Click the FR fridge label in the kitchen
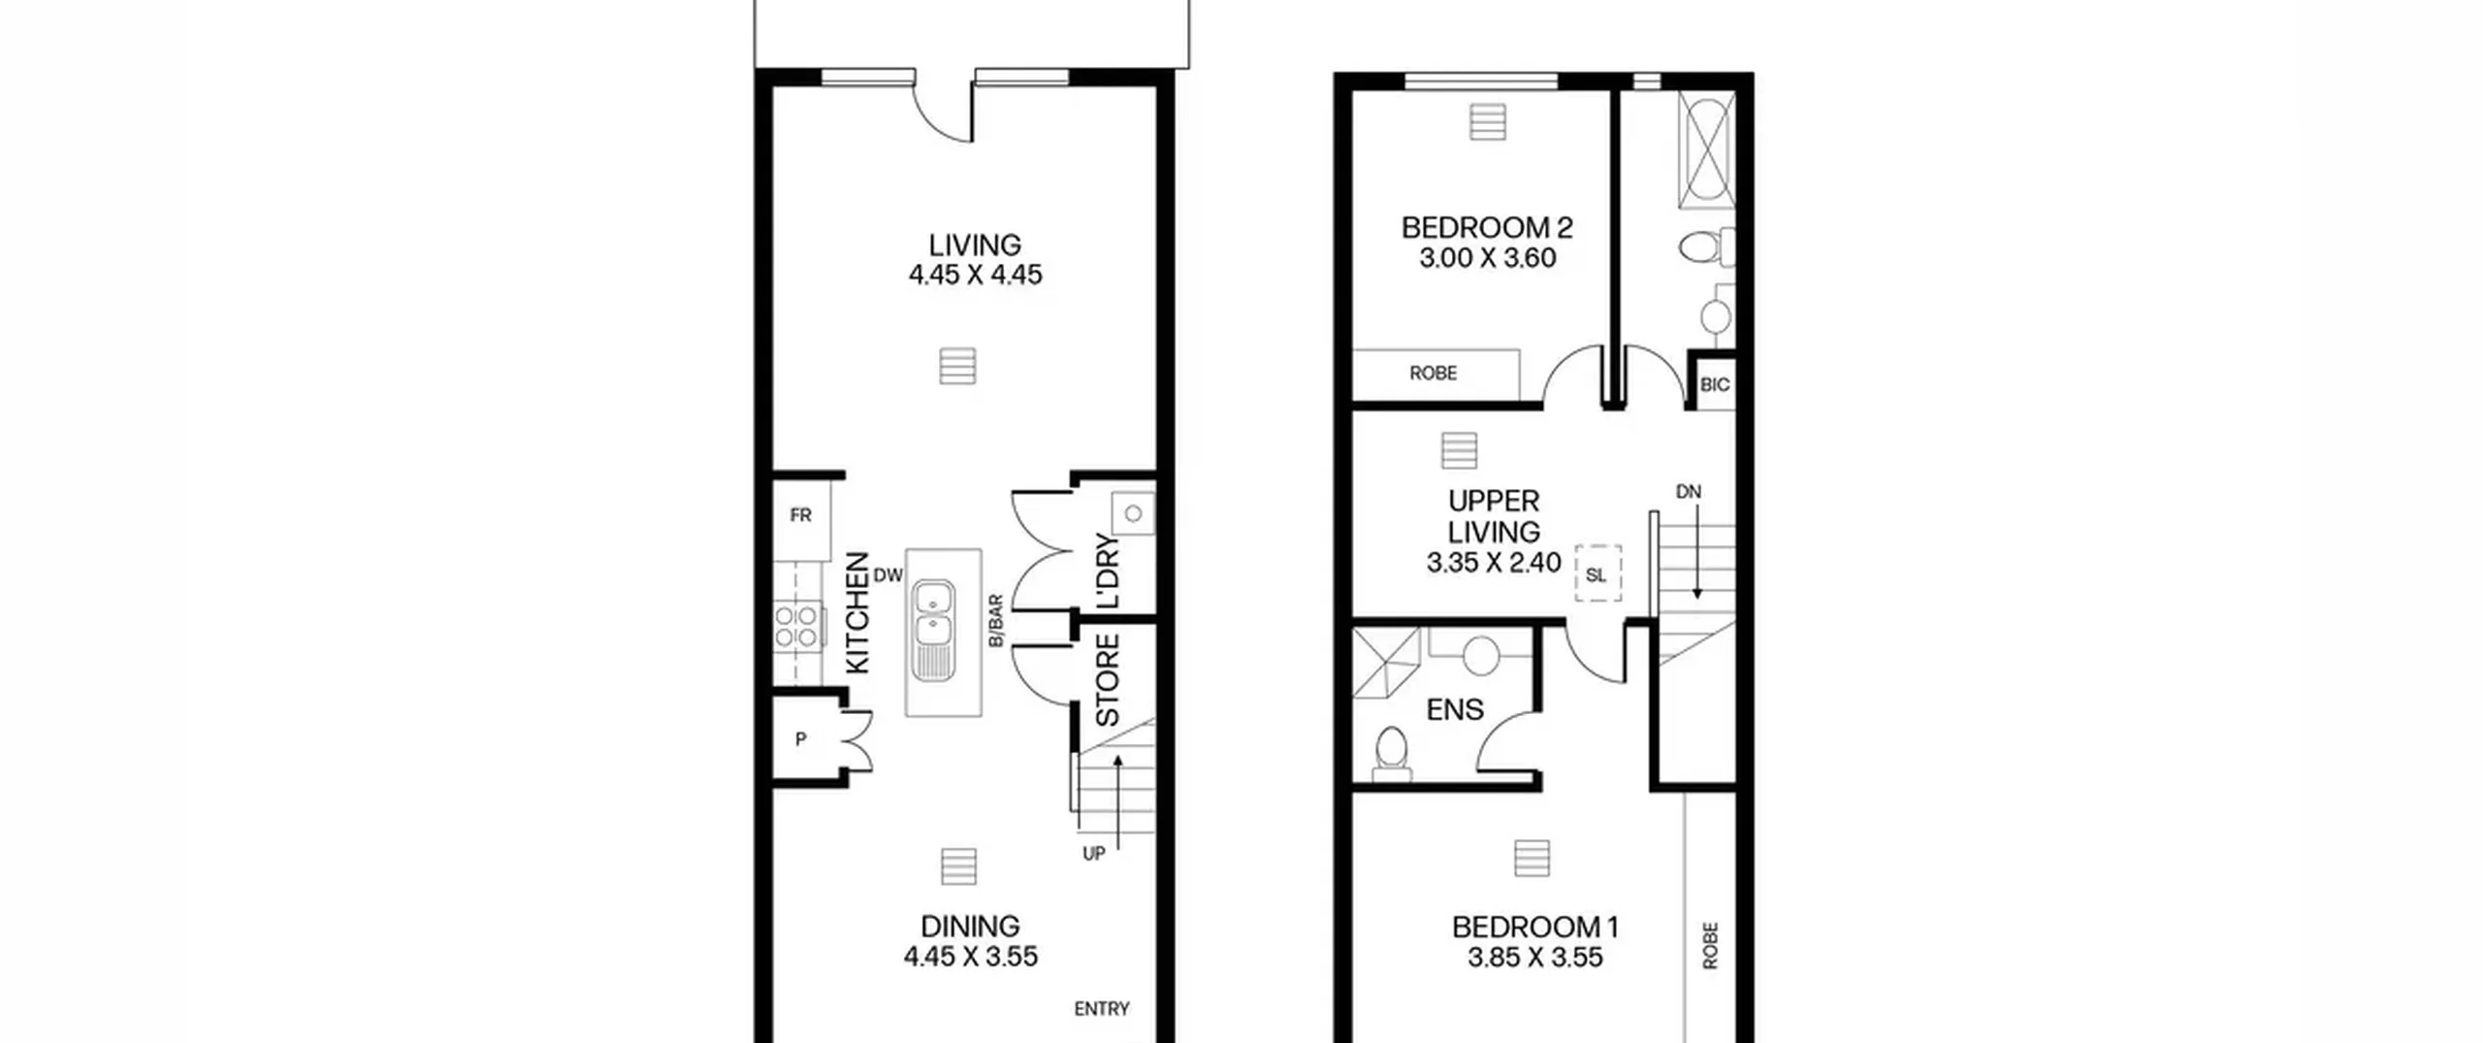800,515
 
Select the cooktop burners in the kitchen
796,627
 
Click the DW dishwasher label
887,575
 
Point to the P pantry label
801,739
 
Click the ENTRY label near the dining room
1102,1009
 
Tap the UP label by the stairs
1094,854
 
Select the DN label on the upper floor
1689,492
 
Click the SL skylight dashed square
1597,572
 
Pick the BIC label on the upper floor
1715,385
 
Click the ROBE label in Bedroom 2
1434,374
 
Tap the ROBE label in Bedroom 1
1710,945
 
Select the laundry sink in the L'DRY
1133,513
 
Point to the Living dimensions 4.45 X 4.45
975,276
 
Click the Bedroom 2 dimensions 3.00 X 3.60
1487,258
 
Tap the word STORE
1108,680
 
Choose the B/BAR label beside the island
996,621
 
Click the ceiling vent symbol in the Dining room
959,866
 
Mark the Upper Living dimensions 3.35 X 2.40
1494,563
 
